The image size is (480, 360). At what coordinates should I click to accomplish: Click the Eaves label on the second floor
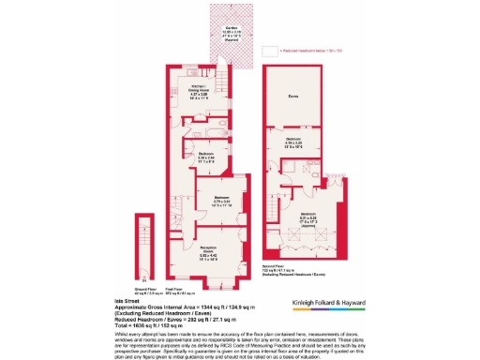294,97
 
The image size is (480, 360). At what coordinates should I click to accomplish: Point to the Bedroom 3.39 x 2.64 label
208,157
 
